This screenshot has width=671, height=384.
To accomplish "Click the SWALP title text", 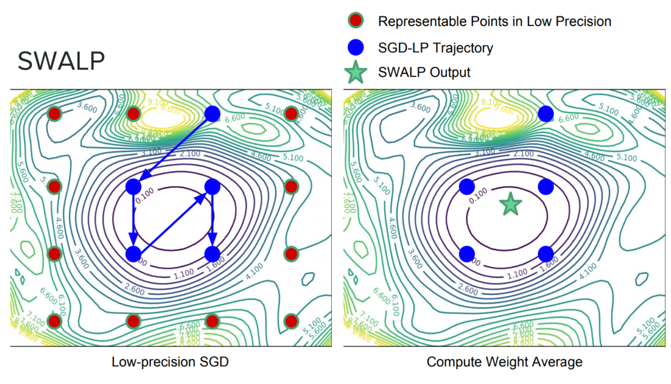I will click(61, 61).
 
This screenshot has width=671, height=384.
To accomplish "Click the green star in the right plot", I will click(511, 204).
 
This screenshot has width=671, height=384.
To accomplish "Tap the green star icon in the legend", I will click(356, 72).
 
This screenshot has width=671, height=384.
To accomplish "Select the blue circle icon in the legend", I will click(356, 47).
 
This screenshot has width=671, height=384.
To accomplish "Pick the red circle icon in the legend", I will click(356, 21).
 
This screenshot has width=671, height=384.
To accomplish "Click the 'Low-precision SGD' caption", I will click(170, 362).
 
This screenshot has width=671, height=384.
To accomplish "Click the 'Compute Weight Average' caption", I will click(504, 362).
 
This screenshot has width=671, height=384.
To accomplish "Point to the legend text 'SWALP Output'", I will click(424, 72).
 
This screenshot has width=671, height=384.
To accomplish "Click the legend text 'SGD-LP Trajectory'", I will click(435, 48).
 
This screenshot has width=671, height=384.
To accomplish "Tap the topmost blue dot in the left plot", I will click(213, 114).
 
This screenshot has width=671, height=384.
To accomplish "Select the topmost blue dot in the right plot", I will click(546, 114).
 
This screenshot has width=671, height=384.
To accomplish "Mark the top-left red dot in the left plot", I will click(54, 114).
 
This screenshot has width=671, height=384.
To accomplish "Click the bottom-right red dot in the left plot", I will click(291, 321).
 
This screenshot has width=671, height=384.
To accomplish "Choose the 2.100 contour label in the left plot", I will click(190, 154).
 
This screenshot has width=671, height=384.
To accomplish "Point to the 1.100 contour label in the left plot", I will click(184, 273).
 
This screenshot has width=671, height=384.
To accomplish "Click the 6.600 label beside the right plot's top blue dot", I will click(569, 118).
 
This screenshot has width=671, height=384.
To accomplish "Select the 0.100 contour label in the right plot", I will click(478, 195).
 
